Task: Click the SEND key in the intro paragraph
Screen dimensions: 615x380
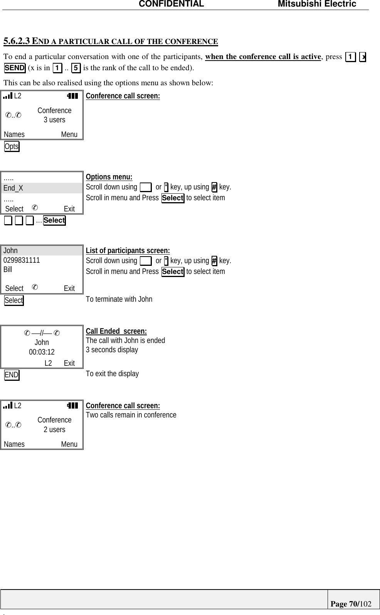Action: tap(15, 68)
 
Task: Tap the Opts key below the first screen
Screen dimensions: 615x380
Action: tap(12, 147)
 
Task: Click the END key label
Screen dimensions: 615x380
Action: tap(12, 375)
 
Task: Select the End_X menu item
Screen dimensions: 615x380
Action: tap(13, 188)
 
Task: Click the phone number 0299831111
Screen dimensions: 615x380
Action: tap(22, 260)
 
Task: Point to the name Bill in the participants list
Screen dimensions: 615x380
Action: tap(8, 269)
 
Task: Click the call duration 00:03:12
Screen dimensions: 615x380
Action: tap(42, 352)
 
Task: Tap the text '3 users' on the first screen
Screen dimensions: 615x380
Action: tap(54, 120)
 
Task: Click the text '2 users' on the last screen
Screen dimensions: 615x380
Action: tap(54, 429)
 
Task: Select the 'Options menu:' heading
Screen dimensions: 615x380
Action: tap(109, 177)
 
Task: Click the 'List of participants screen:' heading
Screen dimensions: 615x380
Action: tap(128, 251)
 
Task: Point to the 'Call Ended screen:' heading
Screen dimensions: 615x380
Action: tap(116, 331)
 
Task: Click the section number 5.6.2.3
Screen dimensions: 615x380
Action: tap(17, 41)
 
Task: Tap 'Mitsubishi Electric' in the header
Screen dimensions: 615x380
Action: tap(317, 4)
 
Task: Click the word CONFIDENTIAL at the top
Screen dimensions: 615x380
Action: tap(171, 4)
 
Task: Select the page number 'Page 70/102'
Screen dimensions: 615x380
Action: tap(351, 603)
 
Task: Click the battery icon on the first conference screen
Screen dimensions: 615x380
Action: tap(72, 96)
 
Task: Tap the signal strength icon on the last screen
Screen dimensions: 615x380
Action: tap(7, 405)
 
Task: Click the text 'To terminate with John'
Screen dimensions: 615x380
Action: tap(119, 299)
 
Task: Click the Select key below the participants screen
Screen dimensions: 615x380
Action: tap(14, 300)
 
